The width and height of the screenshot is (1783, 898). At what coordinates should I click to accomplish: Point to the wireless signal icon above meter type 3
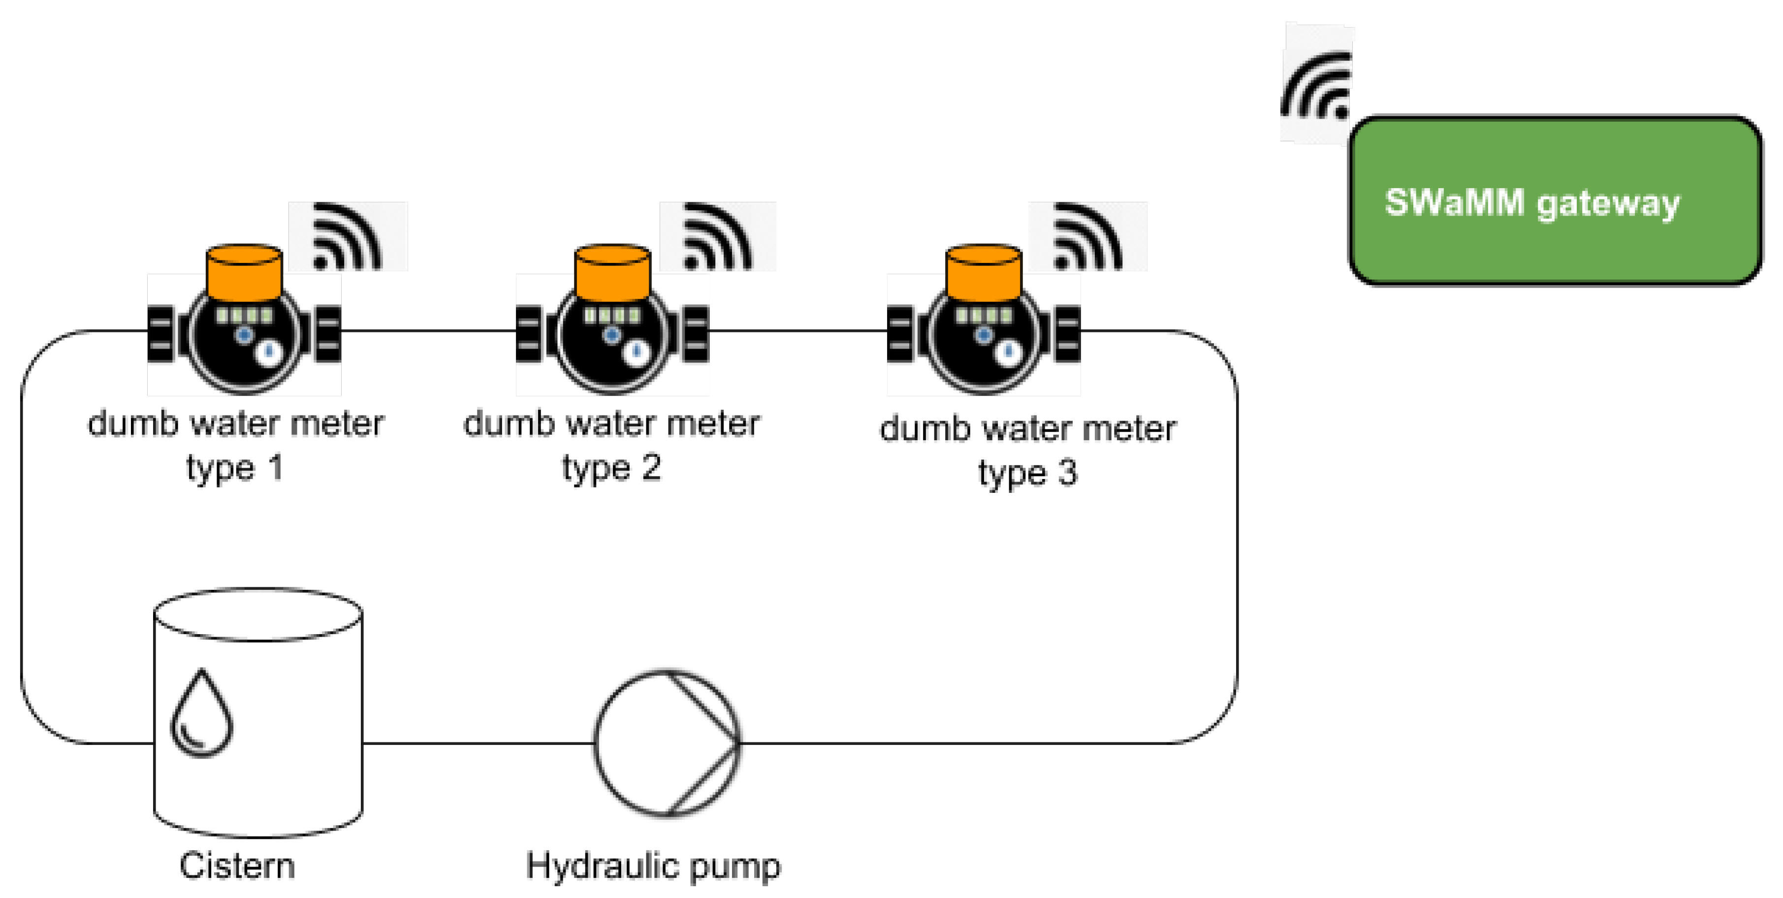pyautogui.click(x=1087, y=237)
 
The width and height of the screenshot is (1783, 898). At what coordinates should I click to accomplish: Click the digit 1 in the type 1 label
pyautogui.click(x=276, y=469)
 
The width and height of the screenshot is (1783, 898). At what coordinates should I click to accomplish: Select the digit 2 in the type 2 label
pyautogui.click(x=651, y=469)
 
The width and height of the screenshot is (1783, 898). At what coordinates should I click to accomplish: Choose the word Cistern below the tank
pyautogui.click(x=237, y=866)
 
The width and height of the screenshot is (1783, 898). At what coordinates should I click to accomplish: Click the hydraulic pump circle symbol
pyautogui.click(x=667, y=743)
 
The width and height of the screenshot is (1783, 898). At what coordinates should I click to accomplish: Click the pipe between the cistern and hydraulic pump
pyautogui.click(x=478, y=743)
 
